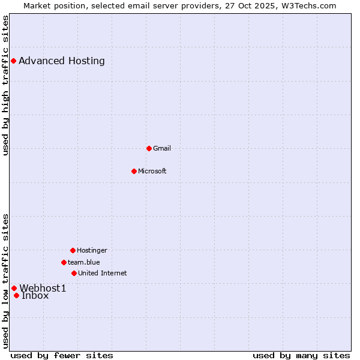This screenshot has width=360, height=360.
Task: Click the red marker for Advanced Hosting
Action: pyautogui.click(x=13, y=61)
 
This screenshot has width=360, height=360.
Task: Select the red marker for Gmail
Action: pyautogui.click(x=149, y=148)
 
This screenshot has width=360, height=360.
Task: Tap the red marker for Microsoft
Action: pyautogui.click(x=134, y=171)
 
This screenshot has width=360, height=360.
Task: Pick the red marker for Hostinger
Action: pyautogui.click(x=73, y=250)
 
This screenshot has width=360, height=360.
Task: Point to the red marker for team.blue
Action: pyautogui.click(x=64, y=262)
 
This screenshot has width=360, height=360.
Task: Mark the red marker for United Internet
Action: pyautogui.click(x=74, y=273)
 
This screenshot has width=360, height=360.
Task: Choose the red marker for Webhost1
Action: pyautogui.click(x=14, y=288)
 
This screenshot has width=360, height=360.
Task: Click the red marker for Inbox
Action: pyautogui.click(x=16, y=295)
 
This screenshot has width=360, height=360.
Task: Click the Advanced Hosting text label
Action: pyautogui.click(x=62, y=61)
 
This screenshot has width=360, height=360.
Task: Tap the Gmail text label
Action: pyautogui.click(x=162, y=148)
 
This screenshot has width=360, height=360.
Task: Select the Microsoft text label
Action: pyautogui.click(x=152, y=171)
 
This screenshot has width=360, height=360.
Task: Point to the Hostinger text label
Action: pyautogui.click(x=92, y=250)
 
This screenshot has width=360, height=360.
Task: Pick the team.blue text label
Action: pyautogui.click(x=84, y=262)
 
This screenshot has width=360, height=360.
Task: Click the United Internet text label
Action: pyautogui.click(x=103, y=273)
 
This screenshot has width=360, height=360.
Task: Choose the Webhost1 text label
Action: pyautogui.click(x=43, y=288)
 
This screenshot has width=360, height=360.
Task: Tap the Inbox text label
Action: pyautogui.click(x=35, y=296)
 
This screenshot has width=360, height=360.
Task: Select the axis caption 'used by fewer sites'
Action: pyautogui.click(x=62, y=355)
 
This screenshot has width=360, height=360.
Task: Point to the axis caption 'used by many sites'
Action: pyautogui.click(x=301, y=355)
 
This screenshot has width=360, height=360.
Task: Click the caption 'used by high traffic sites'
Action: pyautogui.click(x=5, y=85)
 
